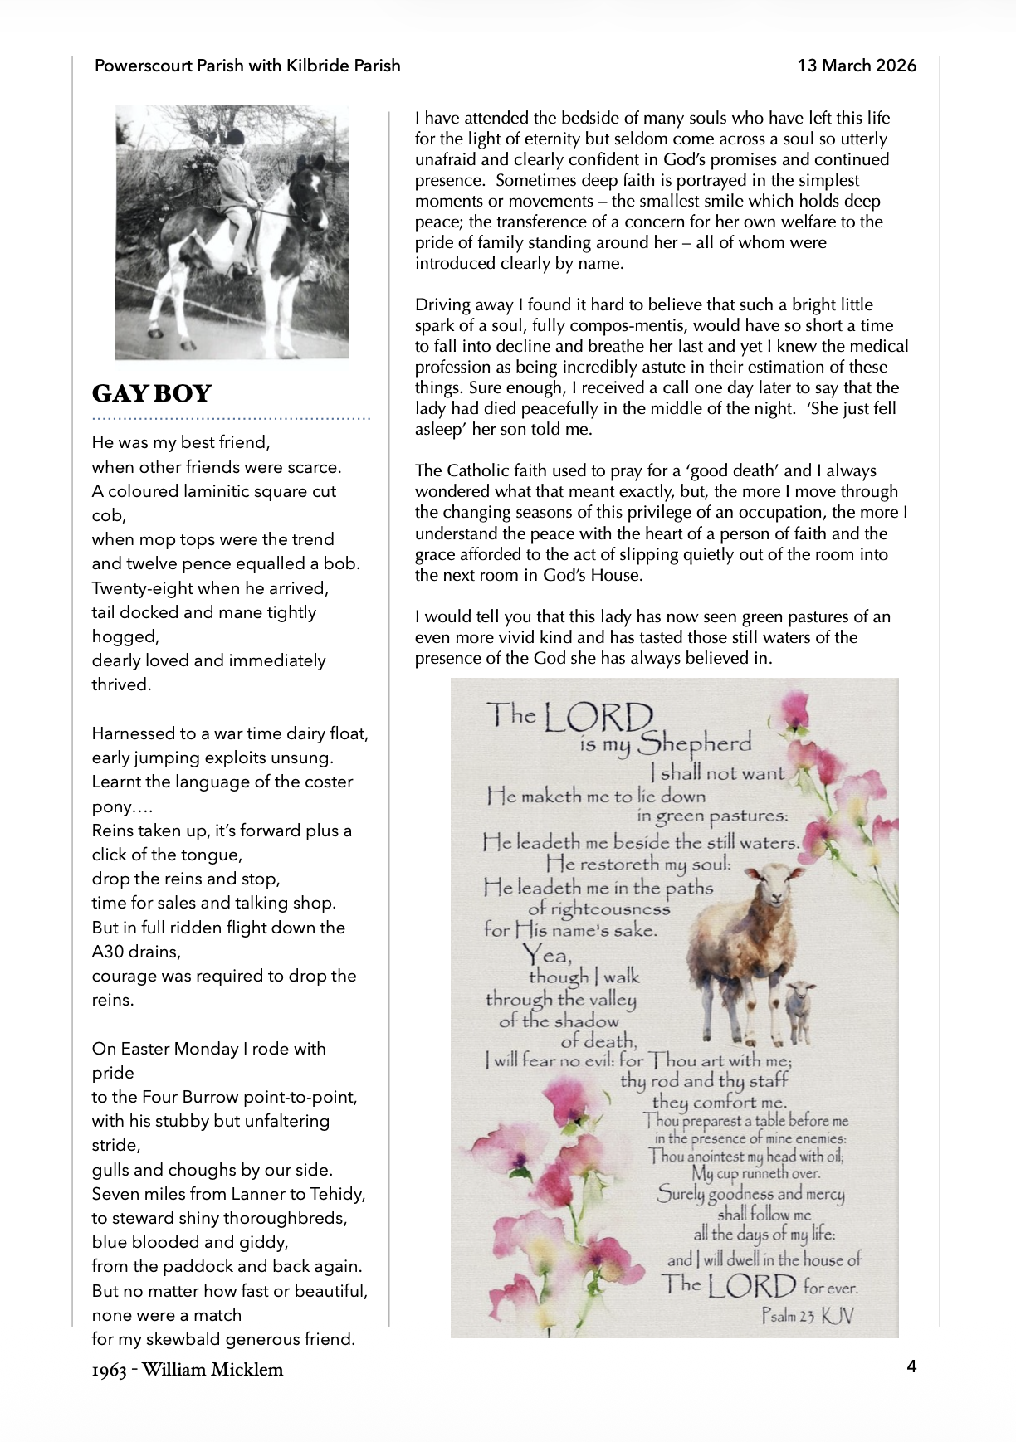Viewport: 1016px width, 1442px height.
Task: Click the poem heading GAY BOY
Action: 152,393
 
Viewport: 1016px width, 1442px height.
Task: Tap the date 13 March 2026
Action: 857,66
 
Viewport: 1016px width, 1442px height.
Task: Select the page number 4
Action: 911,1366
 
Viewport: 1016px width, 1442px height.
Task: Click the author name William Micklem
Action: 212,1369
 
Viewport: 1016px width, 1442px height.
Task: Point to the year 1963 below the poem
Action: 109,1370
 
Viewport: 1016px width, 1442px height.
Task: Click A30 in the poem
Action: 110,952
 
